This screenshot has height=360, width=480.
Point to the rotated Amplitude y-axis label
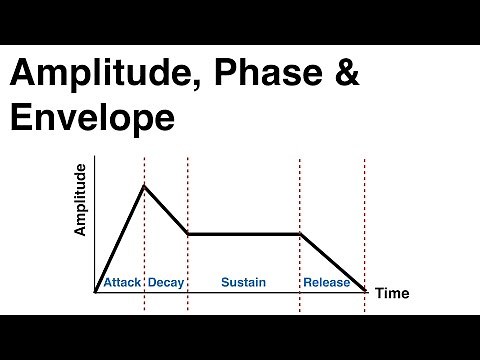click(81, 200)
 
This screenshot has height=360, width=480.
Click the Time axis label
click(392, 293)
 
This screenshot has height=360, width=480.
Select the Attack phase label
click(120, 283)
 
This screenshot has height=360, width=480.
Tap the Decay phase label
click(165, 283)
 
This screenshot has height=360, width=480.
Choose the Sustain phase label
click(243, 283)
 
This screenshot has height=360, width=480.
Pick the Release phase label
click(326, 283)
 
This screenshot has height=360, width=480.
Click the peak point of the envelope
click(144, 185)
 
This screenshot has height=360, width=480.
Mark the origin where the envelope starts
click(96, 291)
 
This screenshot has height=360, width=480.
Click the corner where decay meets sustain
click(188, 234)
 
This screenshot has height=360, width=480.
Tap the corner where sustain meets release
click(300, 234)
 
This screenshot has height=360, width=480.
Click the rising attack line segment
click(120, 238)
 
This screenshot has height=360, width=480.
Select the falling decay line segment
click(166, 210)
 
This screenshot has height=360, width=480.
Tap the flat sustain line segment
click(244, 234)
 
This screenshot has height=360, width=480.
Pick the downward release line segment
click(332, 262)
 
